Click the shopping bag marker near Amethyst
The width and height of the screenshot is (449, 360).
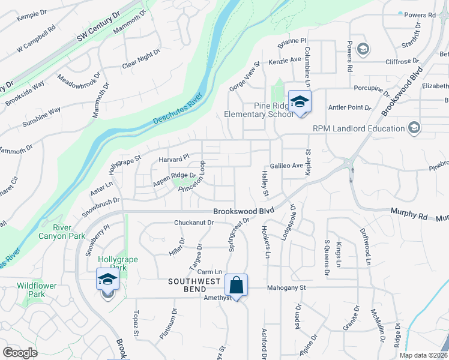click(x=237, y=285)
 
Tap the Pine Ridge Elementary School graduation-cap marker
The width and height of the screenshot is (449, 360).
click(x=299, y=101)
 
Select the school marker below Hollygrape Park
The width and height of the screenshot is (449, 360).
click(x=108, y=280)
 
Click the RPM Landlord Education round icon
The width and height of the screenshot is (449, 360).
click(x=413, y=128)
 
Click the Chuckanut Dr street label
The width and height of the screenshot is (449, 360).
click(x=194, y=223)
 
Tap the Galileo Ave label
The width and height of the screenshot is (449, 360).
click(x=287, y=166)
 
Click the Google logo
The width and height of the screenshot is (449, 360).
click(x=20, y=353)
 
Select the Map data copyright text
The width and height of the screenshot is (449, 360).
click(x=423, y=355)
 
